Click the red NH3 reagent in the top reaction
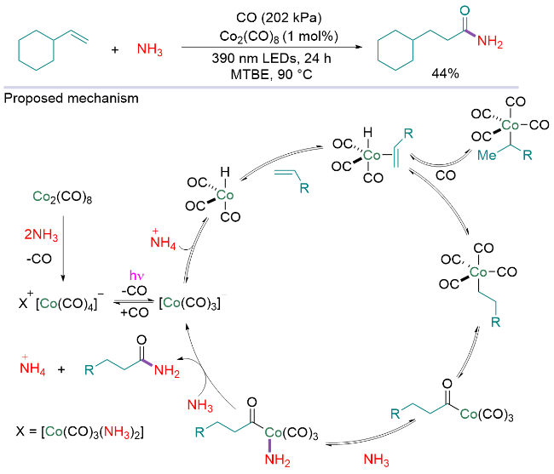[147, 50]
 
